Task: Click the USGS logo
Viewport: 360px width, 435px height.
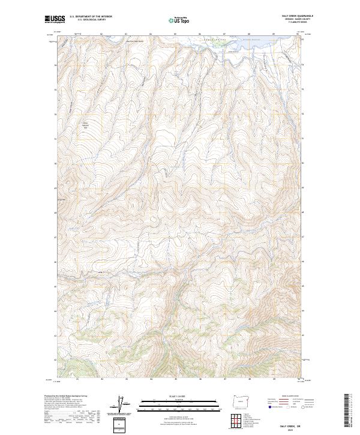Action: (x=55, y=19)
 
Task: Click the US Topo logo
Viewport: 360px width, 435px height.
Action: (x=180, y=20)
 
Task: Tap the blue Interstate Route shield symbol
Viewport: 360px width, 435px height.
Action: (x=268, y=406)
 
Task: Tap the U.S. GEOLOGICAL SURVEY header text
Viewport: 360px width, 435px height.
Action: (x=90, y=20)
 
